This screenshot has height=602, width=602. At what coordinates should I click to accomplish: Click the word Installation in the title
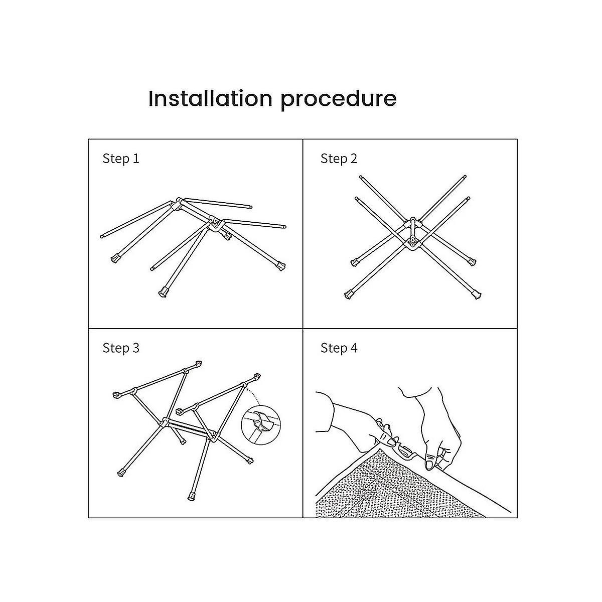coord(210,98)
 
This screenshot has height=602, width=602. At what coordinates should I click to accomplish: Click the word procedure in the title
coord(339,100)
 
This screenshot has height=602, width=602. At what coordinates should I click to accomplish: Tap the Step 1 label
coord(120,159)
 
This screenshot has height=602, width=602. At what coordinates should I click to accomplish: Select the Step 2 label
coord(339,159)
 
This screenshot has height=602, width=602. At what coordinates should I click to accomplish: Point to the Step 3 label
coord(120,348)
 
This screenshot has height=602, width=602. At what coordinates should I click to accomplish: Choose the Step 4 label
coord(339,348)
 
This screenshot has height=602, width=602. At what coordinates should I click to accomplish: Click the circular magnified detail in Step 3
coord(261,425)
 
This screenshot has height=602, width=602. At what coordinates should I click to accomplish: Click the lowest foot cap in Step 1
coord(163,292)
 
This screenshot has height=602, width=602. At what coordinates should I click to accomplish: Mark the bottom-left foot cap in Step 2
coord(349,294)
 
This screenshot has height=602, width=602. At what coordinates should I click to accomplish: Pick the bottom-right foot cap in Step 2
coord(477,294)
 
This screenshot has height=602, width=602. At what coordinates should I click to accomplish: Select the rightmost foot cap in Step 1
coord(281,266)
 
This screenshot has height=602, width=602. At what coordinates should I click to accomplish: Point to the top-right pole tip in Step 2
coord(465,177)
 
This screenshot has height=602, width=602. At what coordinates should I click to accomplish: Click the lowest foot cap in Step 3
coord(192,497)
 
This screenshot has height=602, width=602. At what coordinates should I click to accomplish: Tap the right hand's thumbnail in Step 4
coord(429,464)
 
